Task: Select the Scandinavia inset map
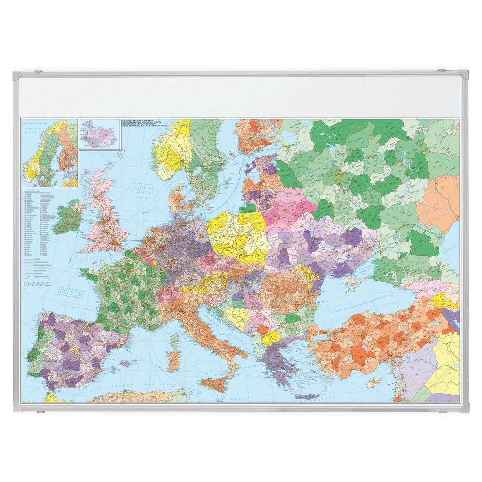[50, 153]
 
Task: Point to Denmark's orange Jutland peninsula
[176, 198]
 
